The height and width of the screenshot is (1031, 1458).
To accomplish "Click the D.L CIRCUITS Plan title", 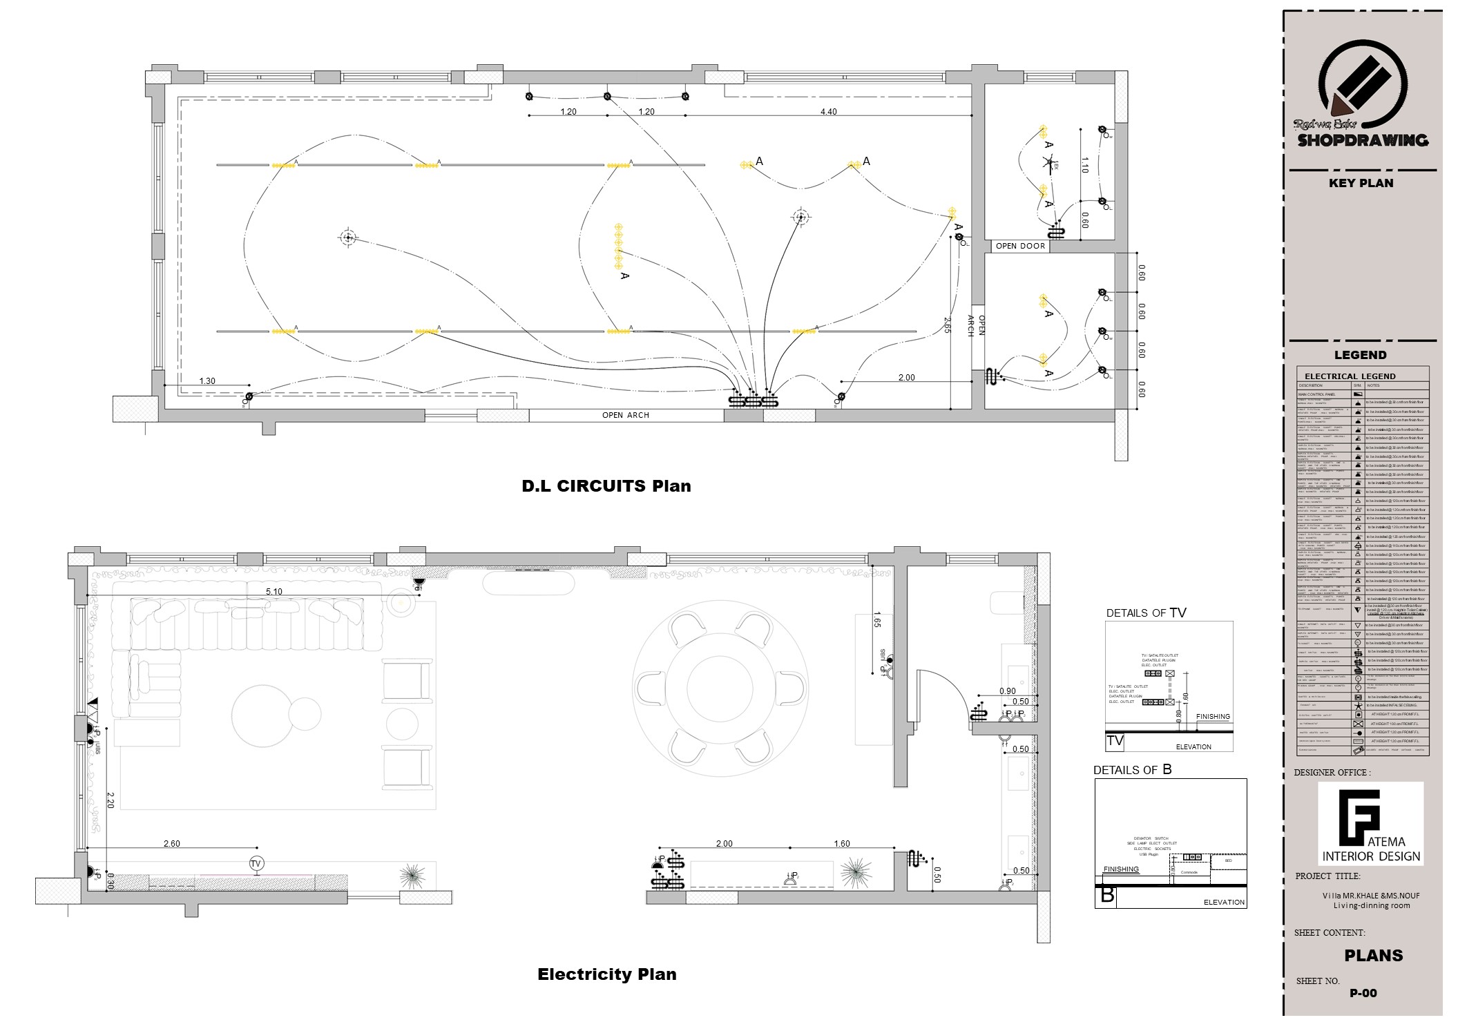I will click(x=606, y=485).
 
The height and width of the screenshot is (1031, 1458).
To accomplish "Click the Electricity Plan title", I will click(x=606, y=974).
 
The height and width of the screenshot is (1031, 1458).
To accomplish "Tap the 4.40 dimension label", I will click(x=828, y=111).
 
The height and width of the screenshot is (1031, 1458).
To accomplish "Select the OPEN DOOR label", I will click(x=1020, y=246).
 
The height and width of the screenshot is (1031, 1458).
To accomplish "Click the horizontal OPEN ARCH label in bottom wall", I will click(x=625, y=415).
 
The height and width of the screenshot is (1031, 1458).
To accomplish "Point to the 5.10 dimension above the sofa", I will click(x=274, y=591).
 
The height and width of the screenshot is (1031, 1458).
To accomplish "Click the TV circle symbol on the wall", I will click(x=256, y=864).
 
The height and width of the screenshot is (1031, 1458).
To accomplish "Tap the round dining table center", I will click(x=720, y=688).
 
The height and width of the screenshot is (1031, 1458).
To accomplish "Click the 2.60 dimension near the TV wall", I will click(x=171, y=843).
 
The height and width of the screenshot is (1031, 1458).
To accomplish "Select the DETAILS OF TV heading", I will click(x=1146, y=613).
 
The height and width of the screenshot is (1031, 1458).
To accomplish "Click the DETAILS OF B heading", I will click(x=1132, y=769).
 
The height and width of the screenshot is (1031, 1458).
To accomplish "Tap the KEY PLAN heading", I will click(x=1361, y=183).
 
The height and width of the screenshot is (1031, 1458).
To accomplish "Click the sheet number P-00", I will click(x=1363, y=993).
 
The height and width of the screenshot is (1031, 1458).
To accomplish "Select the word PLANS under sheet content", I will click(x=1373, y=956).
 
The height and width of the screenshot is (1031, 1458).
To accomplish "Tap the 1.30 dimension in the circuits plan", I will click(x=207, y=380).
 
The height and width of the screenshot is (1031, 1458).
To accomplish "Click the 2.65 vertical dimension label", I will click(x=947, y=325).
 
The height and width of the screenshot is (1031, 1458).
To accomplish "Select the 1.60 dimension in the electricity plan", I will click(x=842, y=843).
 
